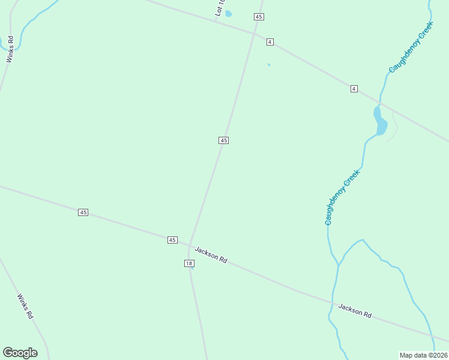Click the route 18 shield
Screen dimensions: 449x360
click(189, 263)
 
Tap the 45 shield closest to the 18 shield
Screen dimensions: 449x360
click(172, 240)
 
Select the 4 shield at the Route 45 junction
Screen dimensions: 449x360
click(270, 41)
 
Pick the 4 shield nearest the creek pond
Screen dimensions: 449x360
click(354, 89)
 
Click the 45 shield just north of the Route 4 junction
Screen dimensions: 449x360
click(259, 17)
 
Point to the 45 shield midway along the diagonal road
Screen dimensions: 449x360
click(223, 140)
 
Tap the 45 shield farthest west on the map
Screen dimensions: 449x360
click(83, 212)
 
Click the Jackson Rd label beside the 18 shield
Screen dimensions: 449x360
click(211, 255)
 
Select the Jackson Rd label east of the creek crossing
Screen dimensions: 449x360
click(355, 310)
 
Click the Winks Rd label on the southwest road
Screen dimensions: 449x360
click(25, 306)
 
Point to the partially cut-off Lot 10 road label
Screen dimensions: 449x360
click(220, 8)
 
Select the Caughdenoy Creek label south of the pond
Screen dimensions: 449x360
click(342, 197)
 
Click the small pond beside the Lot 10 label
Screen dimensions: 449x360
click(228, 14)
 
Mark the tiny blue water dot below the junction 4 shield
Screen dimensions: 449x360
click(269, 65)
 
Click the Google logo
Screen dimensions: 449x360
click(20, 353)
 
